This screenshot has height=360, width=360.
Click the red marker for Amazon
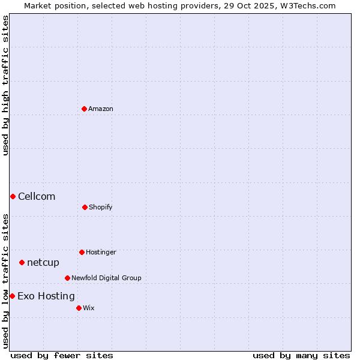(84, 109)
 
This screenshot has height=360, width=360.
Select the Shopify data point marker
(85, 207)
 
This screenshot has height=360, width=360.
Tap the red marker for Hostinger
(82, 252)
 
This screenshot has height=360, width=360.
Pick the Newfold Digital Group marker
(67, 278)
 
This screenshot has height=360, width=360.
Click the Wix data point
(79, 308)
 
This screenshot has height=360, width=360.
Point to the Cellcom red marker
(13, 196)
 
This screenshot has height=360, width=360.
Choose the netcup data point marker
(22, 262)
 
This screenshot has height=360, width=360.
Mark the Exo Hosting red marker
(12, 296)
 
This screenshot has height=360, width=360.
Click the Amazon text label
(101, 109)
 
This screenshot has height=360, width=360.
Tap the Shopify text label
(101, 207)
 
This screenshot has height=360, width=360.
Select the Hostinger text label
(101, 252)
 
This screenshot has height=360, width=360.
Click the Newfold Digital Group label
(106, 278)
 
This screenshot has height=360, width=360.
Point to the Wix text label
(89, 308)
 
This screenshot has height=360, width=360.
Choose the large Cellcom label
(37, 196)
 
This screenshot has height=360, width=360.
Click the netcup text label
(43, 262)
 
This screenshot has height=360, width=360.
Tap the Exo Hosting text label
(46, 296)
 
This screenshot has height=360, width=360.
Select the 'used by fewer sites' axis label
(62, 355)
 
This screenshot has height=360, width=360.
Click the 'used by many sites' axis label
(301, 355)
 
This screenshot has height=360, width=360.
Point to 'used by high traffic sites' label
(5, 85)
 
